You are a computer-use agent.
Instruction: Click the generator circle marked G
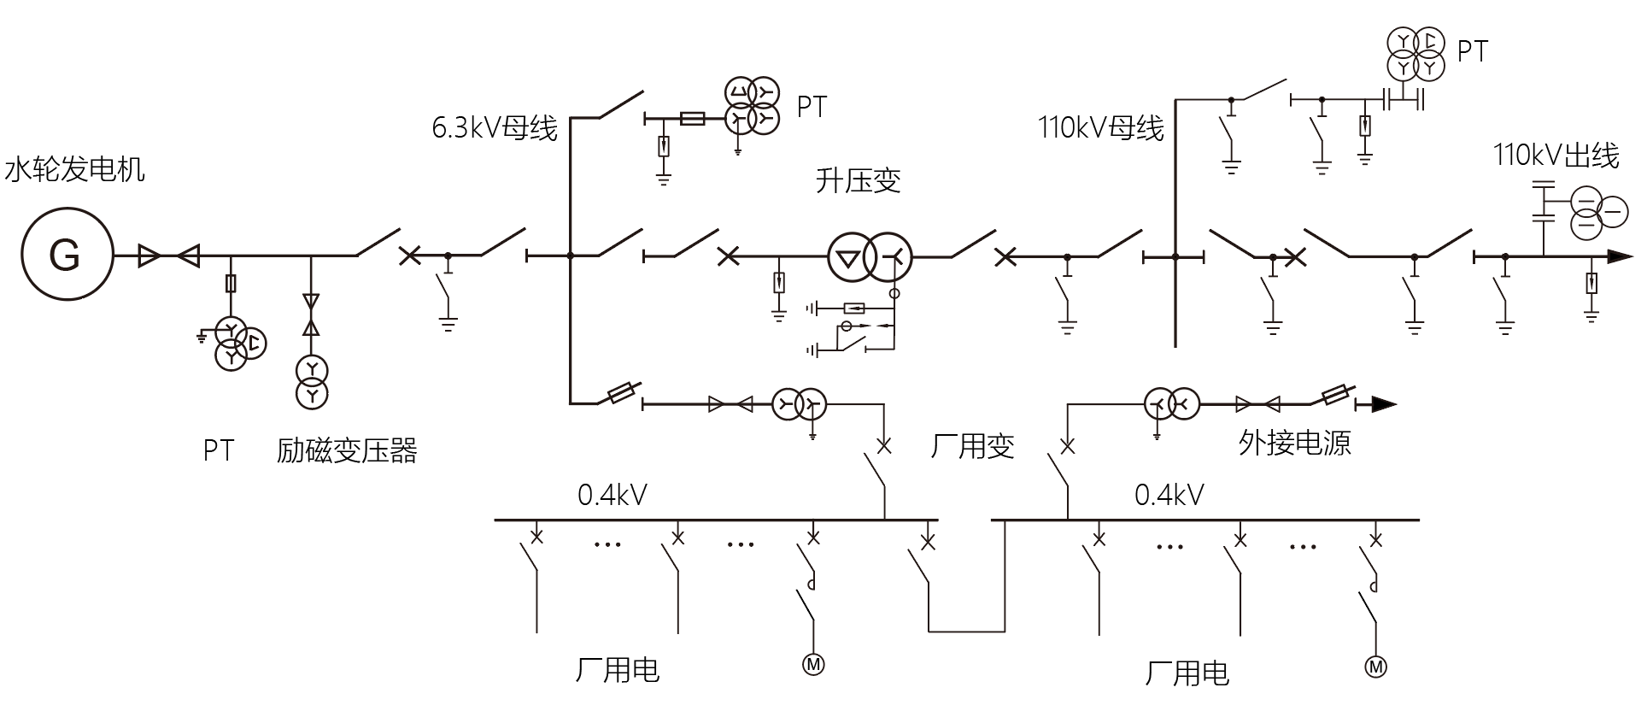(x=67, y=255)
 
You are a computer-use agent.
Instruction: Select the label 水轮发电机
(x=75, y=169)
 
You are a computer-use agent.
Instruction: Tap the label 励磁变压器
(x=347, y=450)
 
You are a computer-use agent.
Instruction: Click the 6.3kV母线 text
(x=495, y=128)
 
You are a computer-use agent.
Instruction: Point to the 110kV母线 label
(x=1100, y=128)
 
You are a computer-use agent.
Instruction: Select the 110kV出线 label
(x=1556, y=156)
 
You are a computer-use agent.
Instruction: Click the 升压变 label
(x=858, y=181)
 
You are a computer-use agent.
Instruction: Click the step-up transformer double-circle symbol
(x=870, y=256)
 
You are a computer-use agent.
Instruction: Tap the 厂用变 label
(x=972, y=446)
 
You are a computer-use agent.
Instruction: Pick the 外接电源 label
(x=1294, y=443)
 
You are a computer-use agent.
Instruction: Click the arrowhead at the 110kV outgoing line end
(x=1620, y=256)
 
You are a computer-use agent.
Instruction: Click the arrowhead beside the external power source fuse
(x=1384, y=403)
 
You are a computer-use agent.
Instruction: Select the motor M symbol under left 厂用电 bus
(x=813, y=663)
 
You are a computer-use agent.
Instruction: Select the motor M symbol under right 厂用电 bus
(x=1375, y=667)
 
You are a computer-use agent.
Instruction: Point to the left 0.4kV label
(x=612, y=495)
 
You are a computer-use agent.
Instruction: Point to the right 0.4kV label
(x=1169, y=495)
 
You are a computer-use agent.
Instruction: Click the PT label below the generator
(x=219, y=450)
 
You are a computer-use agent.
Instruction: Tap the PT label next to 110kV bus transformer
(x=1472, y=51)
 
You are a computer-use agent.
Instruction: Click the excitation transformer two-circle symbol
(x=312, y=382)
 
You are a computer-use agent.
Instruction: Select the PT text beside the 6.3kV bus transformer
(x=812, y=107)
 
